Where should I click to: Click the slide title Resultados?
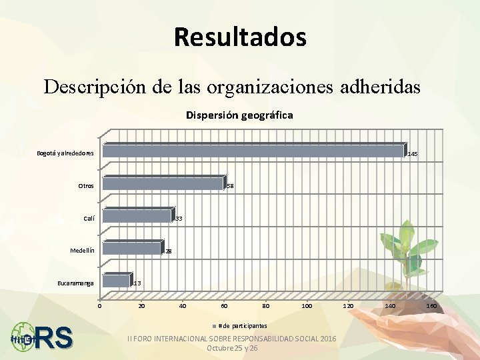coord(240,37)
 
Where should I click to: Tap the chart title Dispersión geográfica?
coord(239,115)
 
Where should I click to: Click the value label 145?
coord(413,154)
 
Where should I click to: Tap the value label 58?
coord(229,186)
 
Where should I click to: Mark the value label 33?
coord(179,219)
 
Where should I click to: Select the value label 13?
coord(137,284)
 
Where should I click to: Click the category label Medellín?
coord(82,251)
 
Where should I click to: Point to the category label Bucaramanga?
coord(75,283)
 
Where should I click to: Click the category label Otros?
coord(86,186)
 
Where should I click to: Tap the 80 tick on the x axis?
coord(265,306)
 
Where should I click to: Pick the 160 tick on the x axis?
coord(431,306)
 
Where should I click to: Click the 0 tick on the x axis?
coord(99,306)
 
